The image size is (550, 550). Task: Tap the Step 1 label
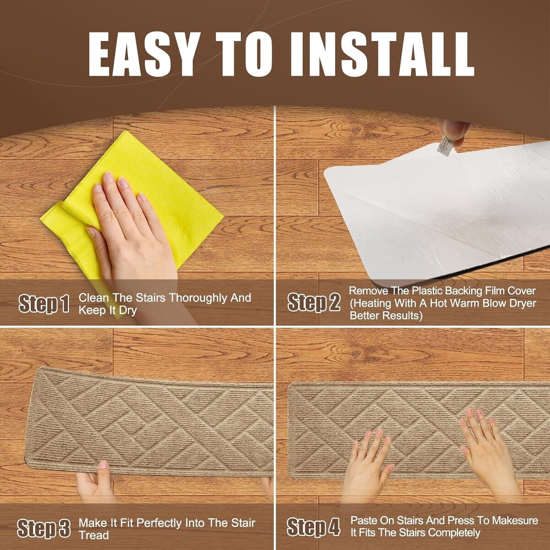(x=44, y=304)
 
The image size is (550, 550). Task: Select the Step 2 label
(x=314, y=302)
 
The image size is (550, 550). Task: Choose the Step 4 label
(x=313, y=526)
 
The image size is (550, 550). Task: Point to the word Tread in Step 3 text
(x=93, y=535)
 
